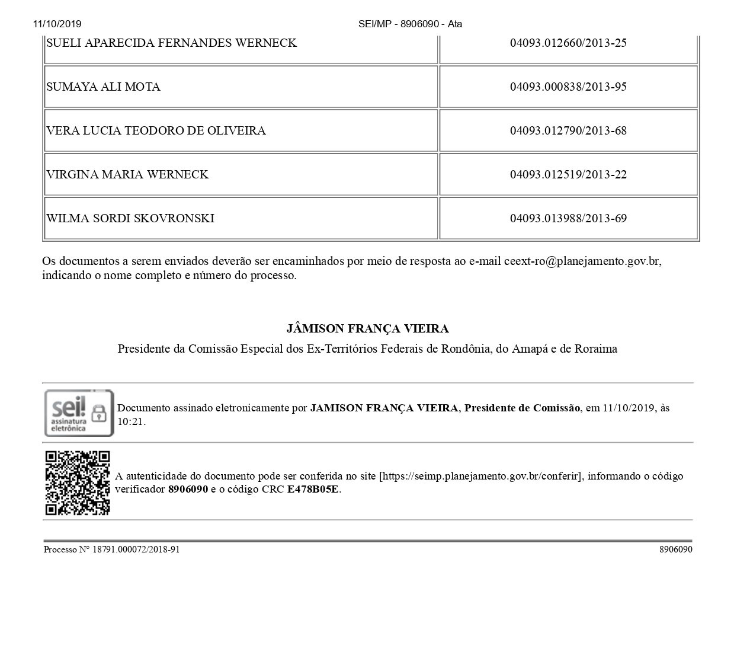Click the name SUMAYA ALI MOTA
[103, 87]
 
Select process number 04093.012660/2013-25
[568, 43]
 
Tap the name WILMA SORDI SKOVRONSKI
[130, 219]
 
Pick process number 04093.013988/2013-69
[568, 219]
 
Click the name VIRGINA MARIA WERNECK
[127, 175]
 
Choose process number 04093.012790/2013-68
[568, 131]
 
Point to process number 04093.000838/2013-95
[568, 87]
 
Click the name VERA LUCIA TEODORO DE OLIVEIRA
[156, 131]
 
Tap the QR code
[78, 483]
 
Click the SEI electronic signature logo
[79, 413]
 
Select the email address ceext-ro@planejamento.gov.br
[582, 261]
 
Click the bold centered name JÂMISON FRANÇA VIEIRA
[367, 329]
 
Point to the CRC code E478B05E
[313, 490]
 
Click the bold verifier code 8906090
[188, 490]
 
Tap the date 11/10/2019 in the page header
[57, 24]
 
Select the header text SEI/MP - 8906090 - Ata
[410, 24]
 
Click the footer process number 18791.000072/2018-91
[136, 549]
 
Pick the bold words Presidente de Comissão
[522, 408]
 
